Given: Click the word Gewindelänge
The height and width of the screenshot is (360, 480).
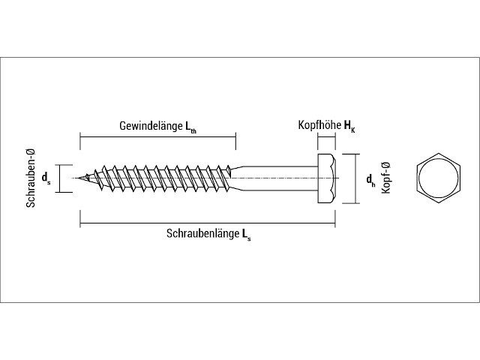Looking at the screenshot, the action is tap(151, 126).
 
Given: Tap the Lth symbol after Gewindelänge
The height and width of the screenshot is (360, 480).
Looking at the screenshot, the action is tap(190, 127).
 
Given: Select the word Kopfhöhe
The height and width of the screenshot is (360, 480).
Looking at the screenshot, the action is tap(319, 125).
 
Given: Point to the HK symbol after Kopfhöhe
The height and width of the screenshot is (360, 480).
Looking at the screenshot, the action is tap(349, 126).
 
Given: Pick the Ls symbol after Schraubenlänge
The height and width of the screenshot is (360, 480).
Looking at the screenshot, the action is tap(247, 235).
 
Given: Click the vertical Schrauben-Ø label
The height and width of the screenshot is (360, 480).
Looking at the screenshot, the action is tap(31, 178).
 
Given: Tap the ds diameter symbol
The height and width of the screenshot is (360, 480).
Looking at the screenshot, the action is tap(46, 178).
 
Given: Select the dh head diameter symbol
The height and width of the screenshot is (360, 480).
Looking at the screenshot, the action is tap(370, 179).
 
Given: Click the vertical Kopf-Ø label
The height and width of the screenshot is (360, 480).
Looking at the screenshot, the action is tap(386, 178).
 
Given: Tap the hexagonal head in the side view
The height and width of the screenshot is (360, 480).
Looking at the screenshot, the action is tap(327, 178).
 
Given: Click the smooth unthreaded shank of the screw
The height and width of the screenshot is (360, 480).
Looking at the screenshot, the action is tap(280, 178).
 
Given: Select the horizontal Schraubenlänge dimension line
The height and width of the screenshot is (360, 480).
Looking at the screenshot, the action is tap(208, 223).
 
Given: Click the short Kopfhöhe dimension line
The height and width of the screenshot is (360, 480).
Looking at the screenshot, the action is tap(327, 138).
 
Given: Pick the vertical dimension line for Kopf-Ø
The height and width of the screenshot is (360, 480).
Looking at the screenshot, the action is tap(355, 178).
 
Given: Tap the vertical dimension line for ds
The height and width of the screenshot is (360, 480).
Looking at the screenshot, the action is tap(59, 178).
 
